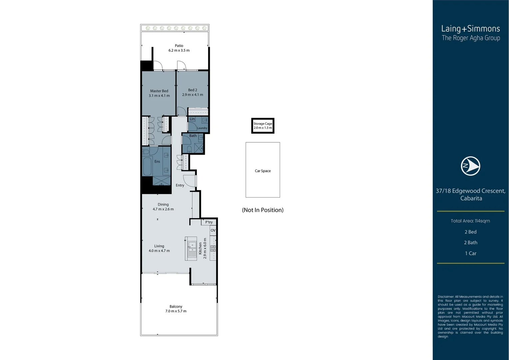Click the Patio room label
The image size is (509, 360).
coord(179,46)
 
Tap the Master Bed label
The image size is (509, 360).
coord(159,91)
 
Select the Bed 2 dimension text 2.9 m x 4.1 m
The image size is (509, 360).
coord(193,95)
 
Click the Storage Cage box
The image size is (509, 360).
coord(263,126)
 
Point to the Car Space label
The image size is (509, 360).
coord(262,171)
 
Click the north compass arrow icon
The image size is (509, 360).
coord(470,166)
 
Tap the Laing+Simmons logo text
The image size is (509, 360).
coord(470,29)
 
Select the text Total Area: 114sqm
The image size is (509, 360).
coord(470,221)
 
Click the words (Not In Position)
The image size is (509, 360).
coord(262,210)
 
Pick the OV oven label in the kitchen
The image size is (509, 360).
coord(213,230)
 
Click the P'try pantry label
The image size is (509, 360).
coord(209,222)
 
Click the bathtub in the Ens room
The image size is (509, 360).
coord(147,166)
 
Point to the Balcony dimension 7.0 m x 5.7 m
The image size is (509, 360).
coord(176,311)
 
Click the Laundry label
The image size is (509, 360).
coord(202,128)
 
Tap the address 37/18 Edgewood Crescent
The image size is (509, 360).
coord(470,191)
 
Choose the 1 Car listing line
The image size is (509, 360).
coord(470,253)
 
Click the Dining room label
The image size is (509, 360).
coord(163,205)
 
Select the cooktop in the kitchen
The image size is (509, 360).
coord(213,248)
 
